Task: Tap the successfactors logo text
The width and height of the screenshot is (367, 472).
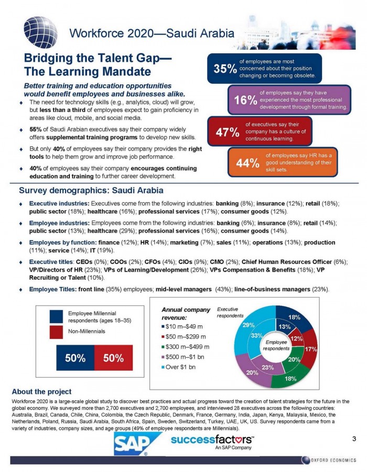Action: (x=208, y=439)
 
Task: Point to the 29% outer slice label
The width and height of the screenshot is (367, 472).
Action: (x=249, y=325)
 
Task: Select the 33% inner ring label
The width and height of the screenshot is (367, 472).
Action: (x=256, y=335)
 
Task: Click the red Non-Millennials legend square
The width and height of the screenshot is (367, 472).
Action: (x=57, y=332)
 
